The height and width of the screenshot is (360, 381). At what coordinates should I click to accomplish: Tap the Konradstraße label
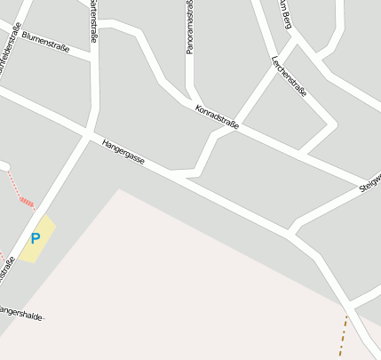pos(217,117)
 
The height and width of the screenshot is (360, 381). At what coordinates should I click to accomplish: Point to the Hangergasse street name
pos(123,152)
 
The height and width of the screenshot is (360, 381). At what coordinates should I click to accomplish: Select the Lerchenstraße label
pos(289,76)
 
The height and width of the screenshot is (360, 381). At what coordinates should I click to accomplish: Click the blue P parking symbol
pos(36,238)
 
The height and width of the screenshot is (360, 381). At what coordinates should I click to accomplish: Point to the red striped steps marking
pos(28,202)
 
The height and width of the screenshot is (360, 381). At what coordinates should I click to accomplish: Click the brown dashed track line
pos(342,336)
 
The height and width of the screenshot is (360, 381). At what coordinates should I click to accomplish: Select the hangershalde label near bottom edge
pos(21,313)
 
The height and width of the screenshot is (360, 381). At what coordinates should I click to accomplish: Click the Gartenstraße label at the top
pos(92,21)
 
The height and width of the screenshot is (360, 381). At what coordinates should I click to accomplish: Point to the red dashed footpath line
pos(13,183)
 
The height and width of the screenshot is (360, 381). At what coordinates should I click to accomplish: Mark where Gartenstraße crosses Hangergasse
pos(87,135)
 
